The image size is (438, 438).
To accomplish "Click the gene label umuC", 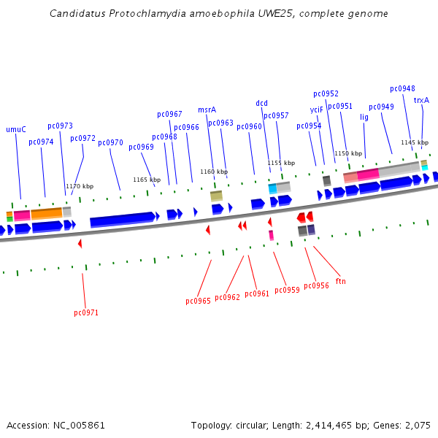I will click(x=16, y=129).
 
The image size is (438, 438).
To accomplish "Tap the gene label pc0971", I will click(x=86, y=312).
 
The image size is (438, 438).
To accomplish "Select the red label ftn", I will click(x=341, y=281).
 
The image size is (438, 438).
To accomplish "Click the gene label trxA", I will click(x=421, y=100).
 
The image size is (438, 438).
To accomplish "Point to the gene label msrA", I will click(x=207, y=109).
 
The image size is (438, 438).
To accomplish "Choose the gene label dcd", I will click(x=262, y=103).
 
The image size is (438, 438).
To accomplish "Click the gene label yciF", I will click(x=316, y=109).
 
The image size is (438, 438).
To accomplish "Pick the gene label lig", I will click(x=364, y=116).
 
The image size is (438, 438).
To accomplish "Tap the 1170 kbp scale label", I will click(x=80, y=186).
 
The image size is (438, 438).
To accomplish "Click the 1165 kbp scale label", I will click(x=147, y=180).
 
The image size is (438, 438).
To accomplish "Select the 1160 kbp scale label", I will click(x=214, y=172).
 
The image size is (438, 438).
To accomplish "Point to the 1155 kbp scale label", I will click(x=281, y=163).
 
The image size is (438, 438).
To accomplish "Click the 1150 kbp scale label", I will click(x=348, y=153).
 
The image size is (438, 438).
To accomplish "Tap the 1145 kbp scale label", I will click(x=415, y=142).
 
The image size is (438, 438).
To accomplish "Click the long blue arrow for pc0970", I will click(x=123, y=219).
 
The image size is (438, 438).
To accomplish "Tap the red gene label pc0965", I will click(x=198, y=301).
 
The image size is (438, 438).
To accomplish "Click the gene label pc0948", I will click(x=402, y=88).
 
